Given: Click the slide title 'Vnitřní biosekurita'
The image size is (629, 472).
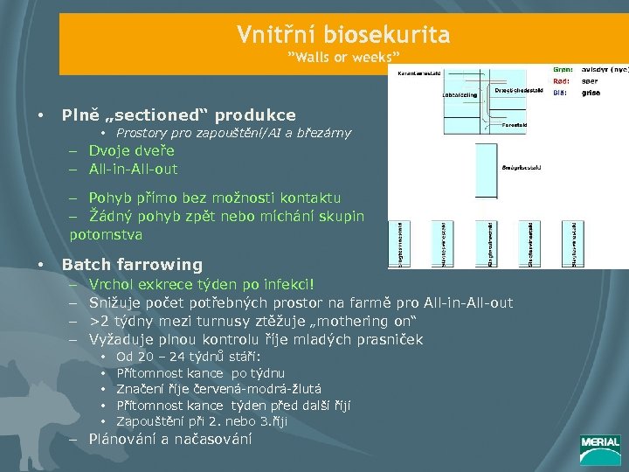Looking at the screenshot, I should (x=343, y=35).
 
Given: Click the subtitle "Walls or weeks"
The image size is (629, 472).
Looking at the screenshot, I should (x=343, y=58).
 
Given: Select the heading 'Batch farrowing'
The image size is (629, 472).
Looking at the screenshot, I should (x=132, y=264).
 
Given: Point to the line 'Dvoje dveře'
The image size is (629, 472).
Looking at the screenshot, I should (x=131, y=150).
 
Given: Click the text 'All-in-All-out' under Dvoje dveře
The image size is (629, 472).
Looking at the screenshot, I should (x=133, y=169).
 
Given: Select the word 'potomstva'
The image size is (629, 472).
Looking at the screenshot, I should (x=107, y=234).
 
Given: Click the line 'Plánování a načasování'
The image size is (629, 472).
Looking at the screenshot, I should (x=170, y=439).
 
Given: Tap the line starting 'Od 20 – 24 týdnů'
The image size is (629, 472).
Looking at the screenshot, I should (x=188, y=357).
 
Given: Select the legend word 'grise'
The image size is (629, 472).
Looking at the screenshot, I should (x=591, y=91).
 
